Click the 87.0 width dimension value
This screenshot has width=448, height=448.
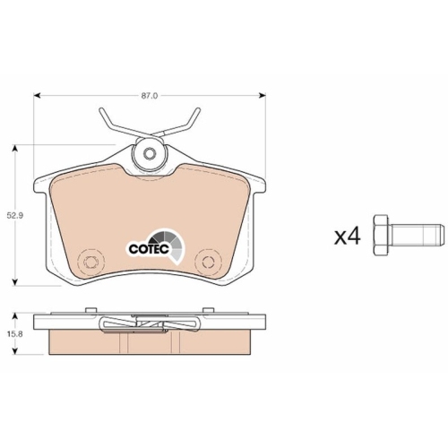(x=150, y=96)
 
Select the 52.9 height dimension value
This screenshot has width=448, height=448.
(x=15, y=215)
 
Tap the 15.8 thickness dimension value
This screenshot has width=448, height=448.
(x=15, y=334)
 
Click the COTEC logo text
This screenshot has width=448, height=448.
(x=150, y=249)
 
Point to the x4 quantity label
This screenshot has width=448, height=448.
(x=348, y=237)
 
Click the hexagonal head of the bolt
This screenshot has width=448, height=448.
(x=381, y=235)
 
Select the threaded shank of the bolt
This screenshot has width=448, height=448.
(x=417, y=235)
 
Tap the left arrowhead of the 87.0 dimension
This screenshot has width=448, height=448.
(x=37, y=96)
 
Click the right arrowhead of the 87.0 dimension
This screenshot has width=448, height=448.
(x=263, y=96)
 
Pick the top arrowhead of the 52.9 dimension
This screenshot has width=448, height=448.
(x=15, y=148)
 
